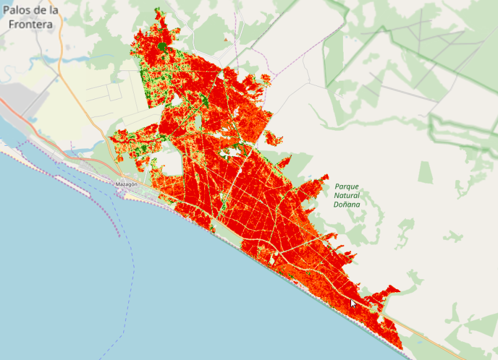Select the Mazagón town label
pyautogui.click(x=126, y=185)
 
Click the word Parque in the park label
pyautogui.click(x=347, y=186)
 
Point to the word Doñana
pyautogui.click(x=347, y=204)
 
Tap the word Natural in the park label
pyautogui.click(x=347, y=195)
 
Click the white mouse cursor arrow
pyautogui.click(x=353, y=303)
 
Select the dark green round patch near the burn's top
pyautogui.click(x=163, y=46)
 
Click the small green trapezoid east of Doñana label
pyautogui.click(x=425, y=173)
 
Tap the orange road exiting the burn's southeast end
pyautogui.click(x=423, y=336)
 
